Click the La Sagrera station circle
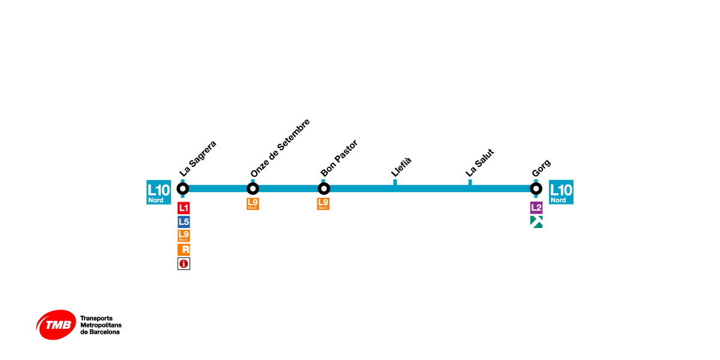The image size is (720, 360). click(x=183, y=188)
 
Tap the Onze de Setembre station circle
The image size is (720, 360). click(x=253, y=188)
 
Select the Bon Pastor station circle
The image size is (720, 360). click(x=323, y=188)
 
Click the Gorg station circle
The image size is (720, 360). click(x=536, y=188)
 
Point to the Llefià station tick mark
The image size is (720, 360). click(x=395, y=182)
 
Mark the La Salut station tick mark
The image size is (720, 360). click(x=470, y=182)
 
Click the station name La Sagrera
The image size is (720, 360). click(x=197, y=159)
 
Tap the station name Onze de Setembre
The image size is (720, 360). click(x=280, y=148)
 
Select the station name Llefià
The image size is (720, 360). click(x=401, y=166)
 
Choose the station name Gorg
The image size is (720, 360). click(x=541, y=168)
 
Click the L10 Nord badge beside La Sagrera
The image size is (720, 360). click(x=158, y=192)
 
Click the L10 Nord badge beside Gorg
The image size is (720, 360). click(x=561, y=192)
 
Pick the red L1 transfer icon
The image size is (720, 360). click(x=184, y=209)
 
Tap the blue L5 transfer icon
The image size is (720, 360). click(x=184, y=222)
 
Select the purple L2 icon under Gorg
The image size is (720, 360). click(x=536, y=208)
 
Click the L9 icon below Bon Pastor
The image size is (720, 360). click(x=323, y=204)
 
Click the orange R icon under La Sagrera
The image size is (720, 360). click(x=184, y=250)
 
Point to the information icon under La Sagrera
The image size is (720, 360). click(x=184, y=263)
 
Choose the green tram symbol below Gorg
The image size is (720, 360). click(x=536, y=222)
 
